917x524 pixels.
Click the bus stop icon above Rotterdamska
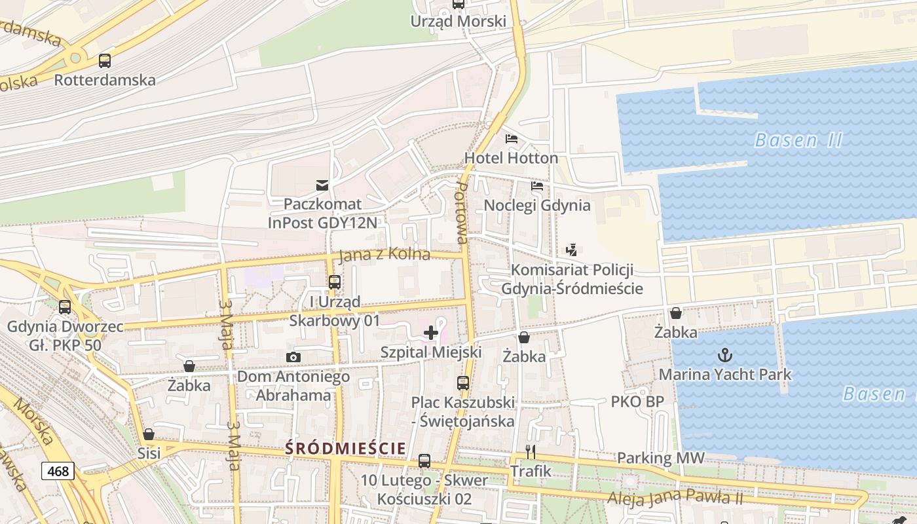pos(105,61)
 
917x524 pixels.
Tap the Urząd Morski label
pos(458,22)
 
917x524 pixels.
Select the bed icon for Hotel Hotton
pos(512,139)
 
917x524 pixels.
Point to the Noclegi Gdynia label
pos(536,206)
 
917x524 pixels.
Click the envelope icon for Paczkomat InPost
pos(322,185)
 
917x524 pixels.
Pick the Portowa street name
pos(462,213)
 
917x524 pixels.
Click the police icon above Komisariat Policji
pos(571,250)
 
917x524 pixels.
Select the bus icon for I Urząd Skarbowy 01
pos(335,282)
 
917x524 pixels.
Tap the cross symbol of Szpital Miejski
pos(431,333)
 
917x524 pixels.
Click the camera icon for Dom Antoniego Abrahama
pos(293,357)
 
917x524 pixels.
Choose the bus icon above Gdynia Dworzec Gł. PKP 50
pos(65,307)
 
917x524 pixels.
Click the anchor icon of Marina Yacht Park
pos(724,356)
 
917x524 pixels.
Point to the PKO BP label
pos(637,402)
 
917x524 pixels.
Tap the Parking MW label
pos(660,458)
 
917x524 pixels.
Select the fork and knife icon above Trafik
pos(531,452)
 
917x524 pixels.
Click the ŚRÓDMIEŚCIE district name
pos(346,448)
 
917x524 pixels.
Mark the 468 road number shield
pos(58,470)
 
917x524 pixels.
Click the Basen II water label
pos(798,140)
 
